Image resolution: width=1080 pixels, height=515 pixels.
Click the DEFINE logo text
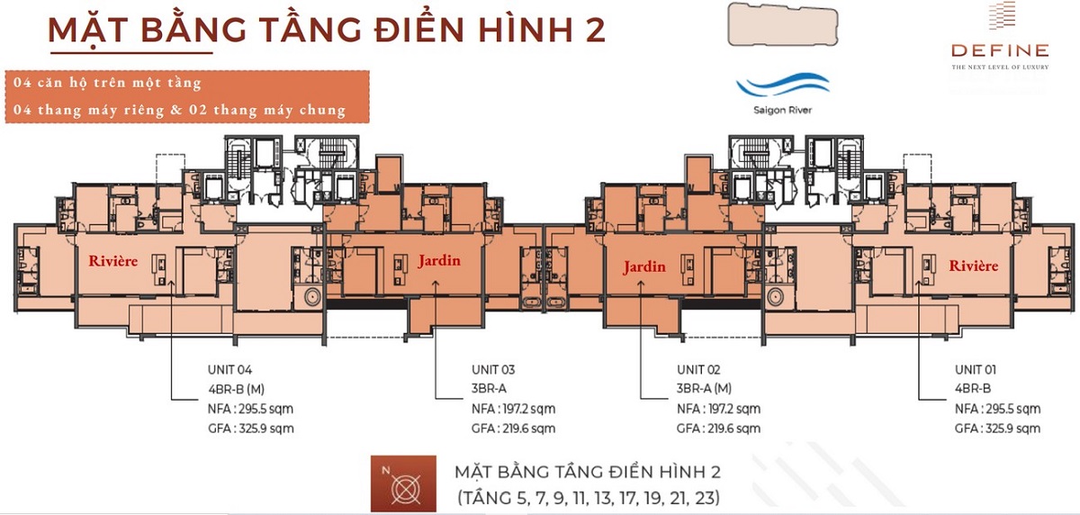[1000, 50]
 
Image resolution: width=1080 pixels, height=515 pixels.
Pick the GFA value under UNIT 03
[513, 429]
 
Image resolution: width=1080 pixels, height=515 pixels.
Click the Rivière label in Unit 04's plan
[112, 262]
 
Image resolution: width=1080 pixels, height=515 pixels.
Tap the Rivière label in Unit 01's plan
[973, 267]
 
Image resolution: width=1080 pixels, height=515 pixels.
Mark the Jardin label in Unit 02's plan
[644, 267]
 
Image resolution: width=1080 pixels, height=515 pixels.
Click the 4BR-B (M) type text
[238, 389]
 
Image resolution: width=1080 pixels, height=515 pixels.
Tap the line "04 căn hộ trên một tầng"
[107, 83]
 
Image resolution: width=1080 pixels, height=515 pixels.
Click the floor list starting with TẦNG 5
[589, 496]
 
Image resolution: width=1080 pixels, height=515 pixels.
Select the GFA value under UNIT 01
[997, 429]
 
